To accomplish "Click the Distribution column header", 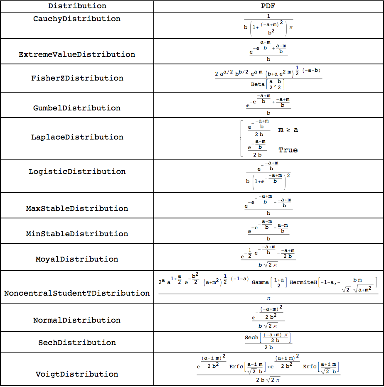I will click(77, 6).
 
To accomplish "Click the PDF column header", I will click(268, 6).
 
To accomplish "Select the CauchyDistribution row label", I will click(77, 19).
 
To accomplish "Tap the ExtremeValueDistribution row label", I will click(77, 54).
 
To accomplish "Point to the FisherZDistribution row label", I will click(77, 78).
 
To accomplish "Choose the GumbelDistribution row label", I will click(77, 108).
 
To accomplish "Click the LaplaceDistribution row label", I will click(77, 137).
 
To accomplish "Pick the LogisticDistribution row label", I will click(77, 171).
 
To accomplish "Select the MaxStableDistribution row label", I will click(77, 208).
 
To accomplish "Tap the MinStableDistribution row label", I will click(77, 234).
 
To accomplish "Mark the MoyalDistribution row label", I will click(77, 259).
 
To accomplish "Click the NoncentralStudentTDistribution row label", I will click(77, 293).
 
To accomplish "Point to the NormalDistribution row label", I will click(77, 320).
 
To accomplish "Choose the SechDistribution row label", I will click(77, 343).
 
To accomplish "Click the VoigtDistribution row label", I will click(77, 374).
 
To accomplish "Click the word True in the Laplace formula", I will click(288, 150).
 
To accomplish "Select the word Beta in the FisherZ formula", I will click(258, 84).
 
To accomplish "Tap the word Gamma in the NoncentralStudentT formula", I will click(260, 282).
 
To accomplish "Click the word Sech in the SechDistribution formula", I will click(251, 338).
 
